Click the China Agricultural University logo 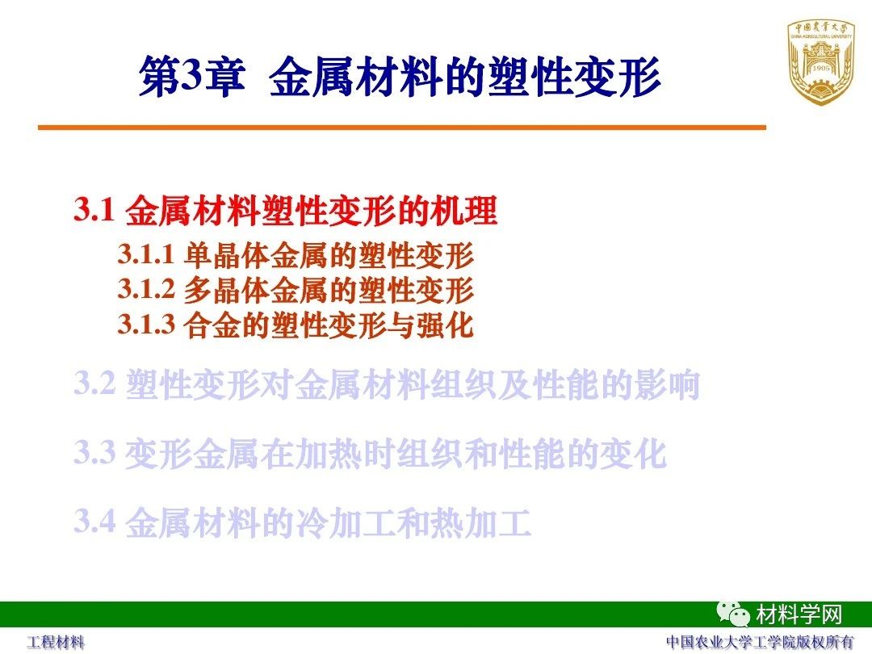coord(820,62)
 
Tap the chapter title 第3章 coord(192,76)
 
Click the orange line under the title coord(402,128)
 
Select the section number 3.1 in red coord(94,210)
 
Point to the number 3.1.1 coord(146,254)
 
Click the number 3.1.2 coord(146,288)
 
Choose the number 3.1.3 coord(146,324)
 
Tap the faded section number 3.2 coord(94,384)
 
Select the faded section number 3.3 coord(94,452)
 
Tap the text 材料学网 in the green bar coord(799,614)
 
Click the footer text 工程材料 coord(57,643)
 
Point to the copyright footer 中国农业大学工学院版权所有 coord(760,642)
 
